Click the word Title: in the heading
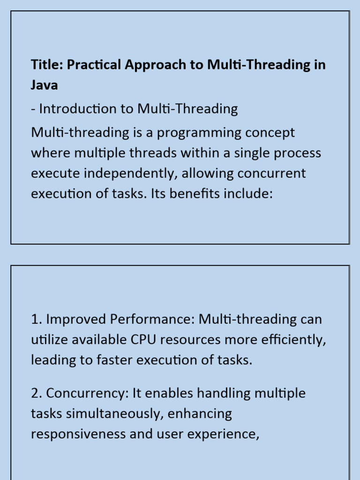[47, 65]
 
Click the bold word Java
[45, 86]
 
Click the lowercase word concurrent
[272, 173]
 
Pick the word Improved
[76, 320]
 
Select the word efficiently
[284, 340]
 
